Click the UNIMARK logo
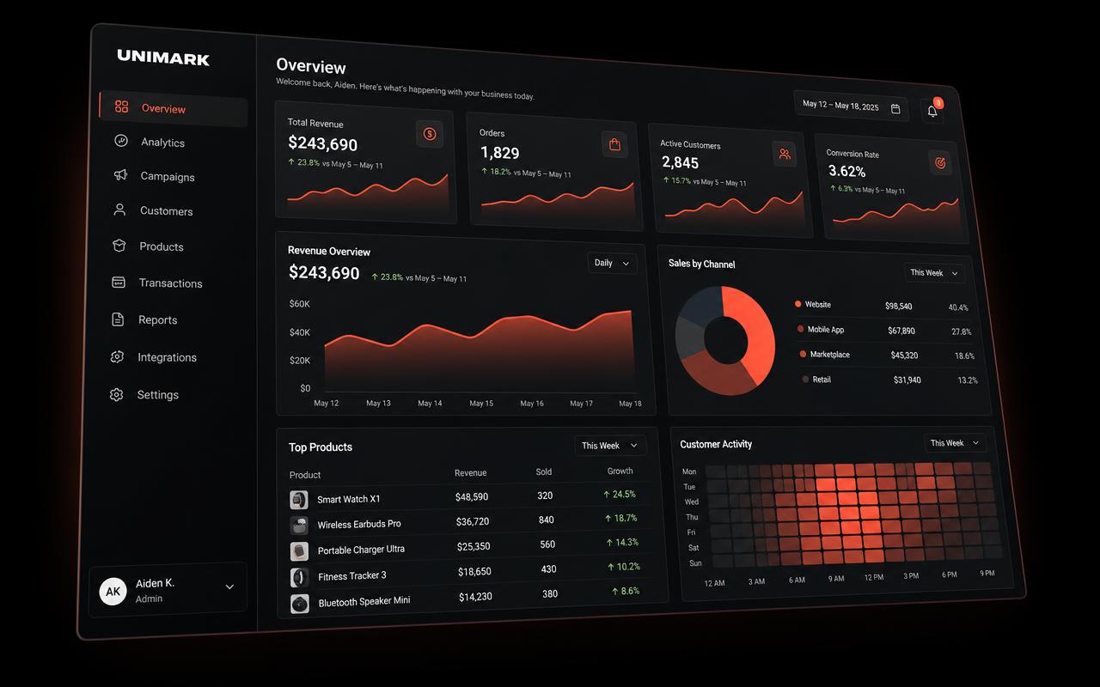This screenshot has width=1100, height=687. click(163, 58)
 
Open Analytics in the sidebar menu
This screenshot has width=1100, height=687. click(162, 143)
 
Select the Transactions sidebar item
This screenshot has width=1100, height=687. click(170, 283)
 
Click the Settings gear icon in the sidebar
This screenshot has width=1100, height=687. click(116, 394)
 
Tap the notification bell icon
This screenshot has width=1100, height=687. click(932, 112)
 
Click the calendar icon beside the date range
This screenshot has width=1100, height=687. click(895, 109)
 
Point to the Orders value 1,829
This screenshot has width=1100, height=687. click(499, 153)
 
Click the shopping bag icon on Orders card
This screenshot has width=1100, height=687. click(614, 144)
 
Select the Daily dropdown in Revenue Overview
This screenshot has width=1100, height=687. click(612, 264)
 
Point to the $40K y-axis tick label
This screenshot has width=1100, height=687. click(300, 332)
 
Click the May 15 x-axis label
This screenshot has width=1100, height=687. click(481, 403)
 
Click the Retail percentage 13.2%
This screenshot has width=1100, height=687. click(968, 380)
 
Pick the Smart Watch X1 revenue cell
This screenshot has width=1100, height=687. click(472, 496)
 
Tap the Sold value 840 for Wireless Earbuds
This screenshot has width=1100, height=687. click(546, 520)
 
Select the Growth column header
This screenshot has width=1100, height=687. click(620, 471)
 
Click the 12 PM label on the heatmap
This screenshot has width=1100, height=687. click(874, 577)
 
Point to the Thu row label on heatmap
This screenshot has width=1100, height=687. click(692, 517)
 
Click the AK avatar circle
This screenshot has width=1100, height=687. click(113, 592)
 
